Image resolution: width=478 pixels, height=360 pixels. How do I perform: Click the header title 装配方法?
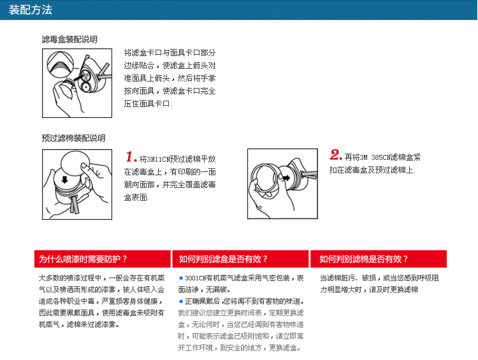pyautogui.click(x=30, y=10)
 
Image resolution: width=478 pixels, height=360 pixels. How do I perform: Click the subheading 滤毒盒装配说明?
pyautogui.click(x=69, y=40)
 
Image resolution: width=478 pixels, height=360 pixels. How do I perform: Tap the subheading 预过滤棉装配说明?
pyautogui.click(x=73, y=138)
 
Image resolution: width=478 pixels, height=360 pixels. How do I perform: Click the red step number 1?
pyautogui.click(x=131, y=157)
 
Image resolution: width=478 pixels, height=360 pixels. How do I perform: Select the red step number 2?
pyautogui.click(x=336, y=155)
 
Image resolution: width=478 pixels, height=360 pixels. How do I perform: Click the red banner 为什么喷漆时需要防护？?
pyautogui.click(x=103, y=259)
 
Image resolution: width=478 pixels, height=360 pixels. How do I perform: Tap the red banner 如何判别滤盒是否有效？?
pyautogui.click(x=240, y=259)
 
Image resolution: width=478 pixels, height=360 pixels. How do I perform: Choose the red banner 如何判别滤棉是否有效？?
pyautogui.click(x=379, y=259)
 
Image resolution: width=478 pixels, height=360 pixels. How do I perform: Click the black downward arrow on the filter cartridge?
pyautogui.click(x=64, y=179)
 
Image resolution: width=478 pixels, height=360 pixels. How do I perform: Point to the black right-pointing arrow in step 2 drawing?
pyautogui.click(x=286, y=177)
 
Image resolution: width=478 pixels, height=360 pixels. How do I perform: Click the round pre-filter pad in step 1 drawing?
pyautogui.click(x=75, y=163)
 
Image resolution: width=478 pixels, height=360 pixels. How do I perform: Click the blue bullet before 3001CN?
pyautogui.click(x=181, y=278)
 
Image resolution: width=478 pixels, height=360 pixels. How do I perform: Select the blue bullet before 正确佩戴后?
pyautogui.click(x=181, y=301)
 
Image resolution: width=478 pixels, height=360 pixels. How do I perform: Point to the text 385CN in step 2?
pyautogui.click(x=381, y=157)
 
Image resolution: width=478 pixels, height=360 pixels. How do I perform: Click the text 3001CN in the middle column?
pyautogui.click(x=196, y=278)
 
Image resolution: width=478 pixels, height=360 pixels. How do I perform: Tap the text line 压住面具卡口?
pyautogui.click(x=148, y=104)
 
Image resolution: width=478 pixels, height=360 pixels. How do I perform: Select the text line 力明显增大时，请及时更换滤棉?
pyautogui.click(x=369, y=289)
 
